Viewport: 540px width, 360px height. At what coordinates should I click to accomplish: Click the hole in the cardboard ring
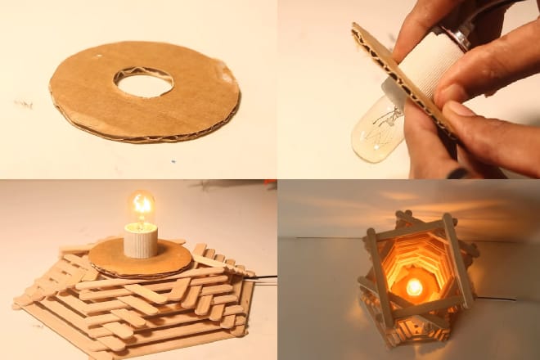click(143, 82)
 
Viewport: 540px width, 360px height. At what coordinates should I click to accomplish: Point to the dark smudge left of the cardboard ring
click(23, 104)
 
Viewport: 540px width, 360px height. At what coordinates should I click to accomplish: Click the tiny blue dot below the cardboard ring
click(173, 161)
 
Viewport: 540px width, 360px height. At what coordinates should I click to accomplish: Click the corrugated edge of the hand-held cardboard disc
click(401, 82)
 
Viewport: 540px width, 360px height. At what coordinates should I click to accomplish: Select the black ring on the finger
click(458, 173)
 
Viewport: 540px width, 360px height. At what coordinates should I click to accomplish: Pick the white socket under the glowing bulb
click(141, 240)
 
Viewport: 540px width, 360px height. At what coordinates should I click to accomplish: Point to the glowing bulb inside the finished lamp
click(414, 287)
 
